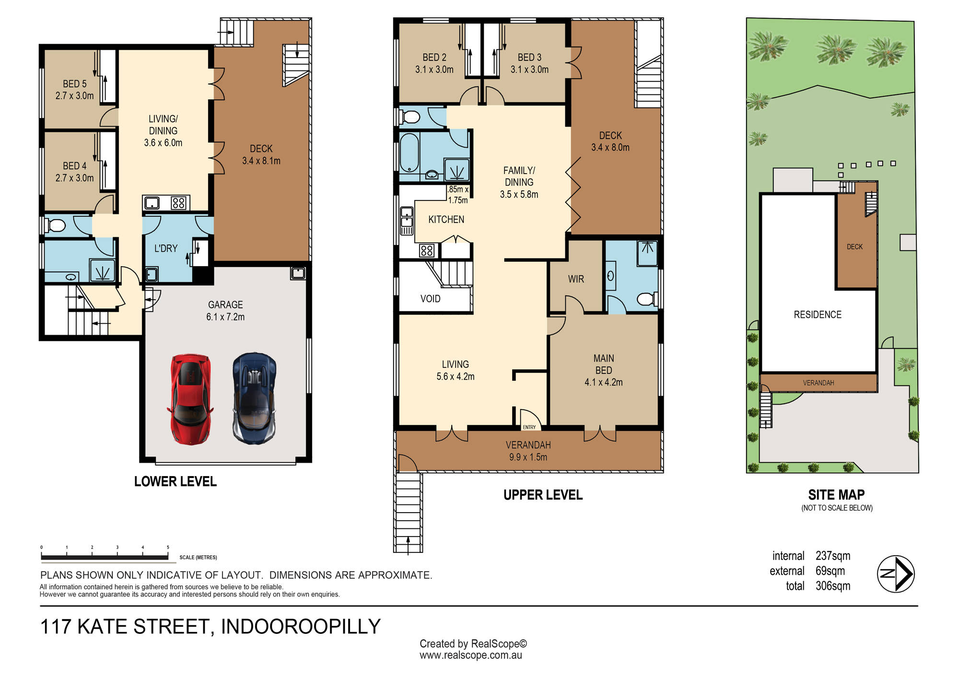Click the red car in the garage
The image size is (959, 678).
pos(190,399)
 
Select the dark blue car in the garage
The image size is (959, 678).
pos(254,398)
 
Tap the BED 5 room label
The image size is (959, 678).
pos(75,90)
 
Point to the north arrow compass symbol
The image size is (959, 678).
pos(896,574)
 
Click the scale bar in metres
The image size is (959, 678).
pos(105,557)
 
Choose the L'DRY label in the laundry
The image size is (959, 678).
pos(166,248)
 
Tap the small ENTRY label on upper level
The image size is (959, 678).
pos(529,427)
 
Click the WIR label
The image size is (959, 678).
pos(576,279)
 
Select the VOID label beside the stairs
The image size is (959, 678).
pos(430,299)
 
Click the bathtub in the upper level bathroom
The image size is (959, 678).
pos(409,152)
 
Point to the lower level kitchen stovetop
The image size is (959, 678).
pos(178,203)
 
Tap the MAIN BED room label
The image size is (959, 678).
pos(604,370)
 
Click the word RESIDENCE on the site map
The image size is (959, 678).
pos(818,315)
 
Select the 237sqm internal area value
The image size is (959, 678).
pos(833,556)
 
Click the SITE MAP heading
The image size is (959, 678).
pos(837,494)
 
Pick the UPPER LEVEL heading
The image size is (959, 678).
pos(543,495)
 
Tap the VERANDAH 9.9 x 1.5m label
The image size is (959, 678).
pos(528,451)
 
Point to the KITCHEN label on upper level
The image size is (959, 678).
pos(446,220)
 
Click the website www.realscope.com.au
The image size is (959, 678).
pos(470,655)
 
